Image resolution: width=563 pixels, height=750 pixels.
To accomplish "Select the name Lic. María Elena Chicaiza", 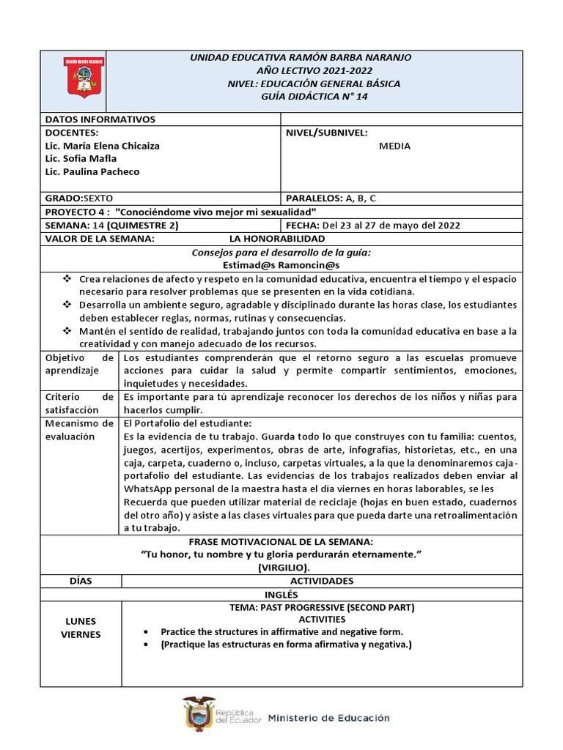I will (102, 146).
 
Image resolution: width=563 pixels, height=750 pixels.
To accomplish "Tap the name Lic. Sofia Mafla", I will (81, 159).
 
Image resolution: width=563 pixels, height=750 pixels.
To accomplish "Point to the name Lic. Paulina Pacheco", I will (92, 172).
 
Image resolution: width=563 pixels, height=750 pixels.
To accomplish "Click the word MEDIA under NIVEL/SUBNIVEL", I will (394, 146).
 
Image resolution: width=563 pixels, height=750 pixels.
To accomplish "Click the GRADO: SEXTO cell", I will (79, 198).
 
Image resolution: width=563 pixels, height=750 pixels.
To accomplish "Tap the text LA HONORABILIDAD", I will (276, 239).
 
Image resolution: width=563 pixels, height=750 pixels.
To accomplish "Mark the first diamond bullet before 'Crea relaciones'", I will (67, 279).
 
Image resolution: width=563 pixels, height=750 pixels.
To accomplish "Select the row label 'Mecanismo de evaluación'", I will (79, 430).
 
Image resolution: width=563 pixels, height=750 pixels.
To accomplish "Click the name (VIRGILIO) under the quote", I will (282, 568).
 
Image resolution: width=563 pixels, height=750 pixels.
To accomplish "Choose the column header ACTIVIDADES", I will (321, 581).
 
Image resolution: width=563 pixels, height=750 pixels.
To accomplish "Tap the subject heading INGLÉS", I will (281, 594).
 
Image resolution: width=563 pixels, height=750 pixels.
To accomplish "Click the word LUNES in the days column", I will (81, 622).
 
